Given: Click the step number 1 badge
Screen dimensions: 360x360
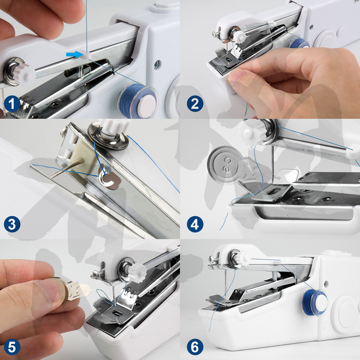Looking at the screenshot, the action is click(12, 104).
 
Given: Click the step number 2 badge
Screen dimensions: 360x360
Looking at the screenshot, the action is click(195, 104).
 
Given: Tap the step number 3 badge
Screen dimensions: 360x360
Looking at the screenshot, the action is click(12, 224).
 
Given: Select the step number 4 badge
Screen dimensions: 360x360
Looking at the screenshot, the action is click(195, 224).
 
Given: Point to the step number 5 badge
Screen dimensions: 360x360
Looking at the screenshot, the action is click(12, 347).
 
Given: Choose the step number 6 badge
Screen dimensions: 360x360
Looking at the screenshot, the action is click(195, 347).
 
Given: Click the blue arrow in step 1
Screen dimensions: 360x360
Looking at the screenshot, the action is click(74, 55).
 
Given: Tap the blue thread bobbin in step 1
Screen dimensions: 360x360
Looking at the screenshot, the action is click(138, 99).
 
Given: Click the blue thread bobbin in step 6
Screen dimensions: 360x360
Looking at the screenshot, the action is click(314, 302).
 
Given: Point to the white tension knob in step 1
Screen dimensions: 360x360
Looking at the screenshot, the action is click(26, 73).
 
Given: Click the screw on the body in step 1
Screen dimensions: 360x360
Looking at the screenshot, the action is click(157, 65).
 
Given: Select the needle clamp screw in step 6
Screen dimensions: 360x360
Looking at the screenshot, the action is click(212, 259).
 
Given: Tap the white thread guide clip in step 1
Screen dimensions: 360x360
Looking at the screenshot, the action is click(86, 55).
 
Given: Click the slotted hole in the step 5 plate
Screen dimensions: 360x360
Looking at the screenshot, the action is click(116, 313).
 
